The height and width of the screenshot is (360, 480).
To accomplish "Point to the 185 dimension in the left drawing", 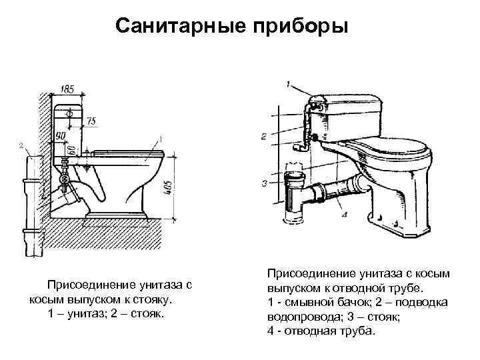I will click(x=67, y=88).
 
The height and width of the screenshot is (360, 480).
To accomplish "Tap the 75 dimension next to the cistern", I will click(x=91, y=121).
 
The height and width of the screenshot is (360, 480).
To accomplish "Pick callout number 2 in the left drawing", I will click(x=21, y=145).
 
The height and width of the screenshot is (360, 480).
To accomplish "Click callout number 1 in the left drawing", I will click(x=160, y=139).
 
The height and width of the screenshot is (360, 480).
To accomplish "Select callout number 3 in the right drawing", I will click(x=265, y=182).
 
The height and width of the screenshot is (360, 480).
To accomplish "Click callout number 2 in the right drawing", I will click(x=265, y=136).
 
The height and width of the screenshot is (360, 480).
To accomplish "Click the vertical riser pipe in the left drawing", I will click(x=30, y=200).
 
